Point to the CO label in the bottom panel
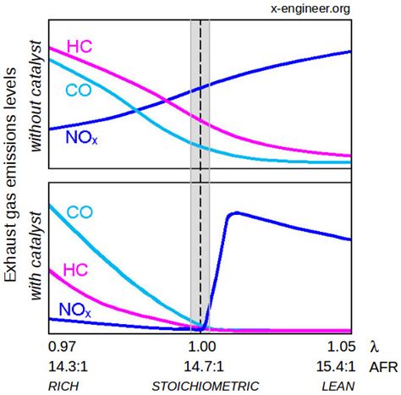click(x=80, y=212)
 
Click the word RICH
click(x=66, y=386)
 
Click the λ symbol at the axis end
click(x=375, y=348)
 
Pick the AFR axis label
click(x=382, y=366)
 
